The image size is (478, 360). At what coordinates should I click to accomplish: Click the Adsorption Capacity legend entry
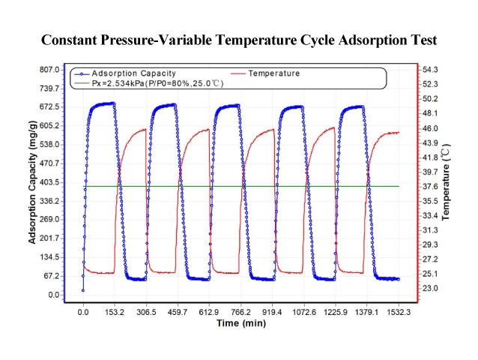click(133, 73)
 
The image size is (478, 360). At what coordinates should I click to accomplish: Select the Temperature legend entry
click(273, 73)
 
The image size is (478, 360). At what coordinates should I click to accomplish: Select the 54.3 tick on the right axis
click(431, 70)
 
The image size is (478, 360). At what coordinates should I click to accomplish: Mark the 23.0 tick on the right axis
click(431, 288)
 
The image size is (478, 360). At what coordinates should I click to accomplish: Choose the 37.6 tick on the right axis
click(431, 187)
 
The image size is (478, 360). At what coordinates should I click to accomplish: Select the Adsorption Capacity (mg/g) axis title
click(33, 182)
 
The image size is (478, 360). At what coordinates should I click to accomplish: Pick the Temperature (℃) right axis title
click(447, 182)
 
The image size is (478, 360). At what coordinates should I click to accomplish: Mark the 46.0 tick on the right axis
click(431, 128)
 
